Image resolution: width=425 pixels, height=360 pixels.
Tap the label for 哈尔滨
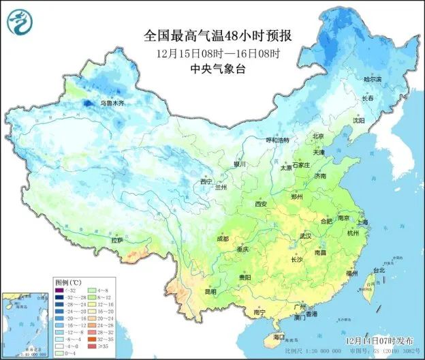pyautogui.click(x=373, y=79)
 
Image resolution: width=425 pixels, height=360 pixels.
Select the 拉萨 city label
pyautogui.click(x=116, y=239)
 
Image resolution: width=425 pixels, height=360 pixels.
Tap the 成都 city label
pyautogui.click(x=223, y=239)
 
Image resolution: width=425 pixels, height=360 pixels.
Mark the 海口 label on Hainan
pyautogui.click(x=279, y=337)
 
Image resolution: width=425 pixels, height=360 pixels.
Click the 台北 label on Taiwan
pyautogui.click(x=379, y=270)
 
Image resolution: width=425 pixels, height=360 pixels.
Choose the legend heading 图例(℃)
pyautogui.click(x=68, y=281)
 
